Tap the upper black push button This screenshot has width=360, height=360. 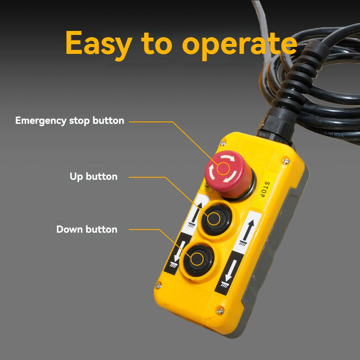tap(217, 219)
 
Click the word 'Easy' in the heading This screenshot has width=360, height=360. tap(99, 44)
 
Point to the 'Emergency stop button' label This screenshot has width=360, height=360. tap(70, 121)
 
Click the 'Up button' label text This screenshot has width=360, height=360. tap(94, 176)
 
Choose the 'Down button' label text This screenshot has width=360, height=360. tap(87, 229)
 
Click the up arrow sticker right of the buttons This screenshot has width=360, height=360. tap(247, 232)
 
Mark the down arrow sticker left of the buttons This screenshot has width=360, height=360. tap(176, 254)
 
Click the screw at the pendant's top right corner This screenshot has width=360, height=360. tap(285, 161)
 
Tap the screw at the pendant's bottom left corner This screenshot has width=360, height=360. tap(159, 285)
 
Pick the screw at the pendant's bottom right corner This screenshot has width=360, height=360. tap(220, 311)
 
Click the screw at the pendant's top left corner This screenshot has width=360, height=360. tap(223, 143)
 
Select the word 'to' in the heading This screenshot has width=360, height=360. tap(156, 44)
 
